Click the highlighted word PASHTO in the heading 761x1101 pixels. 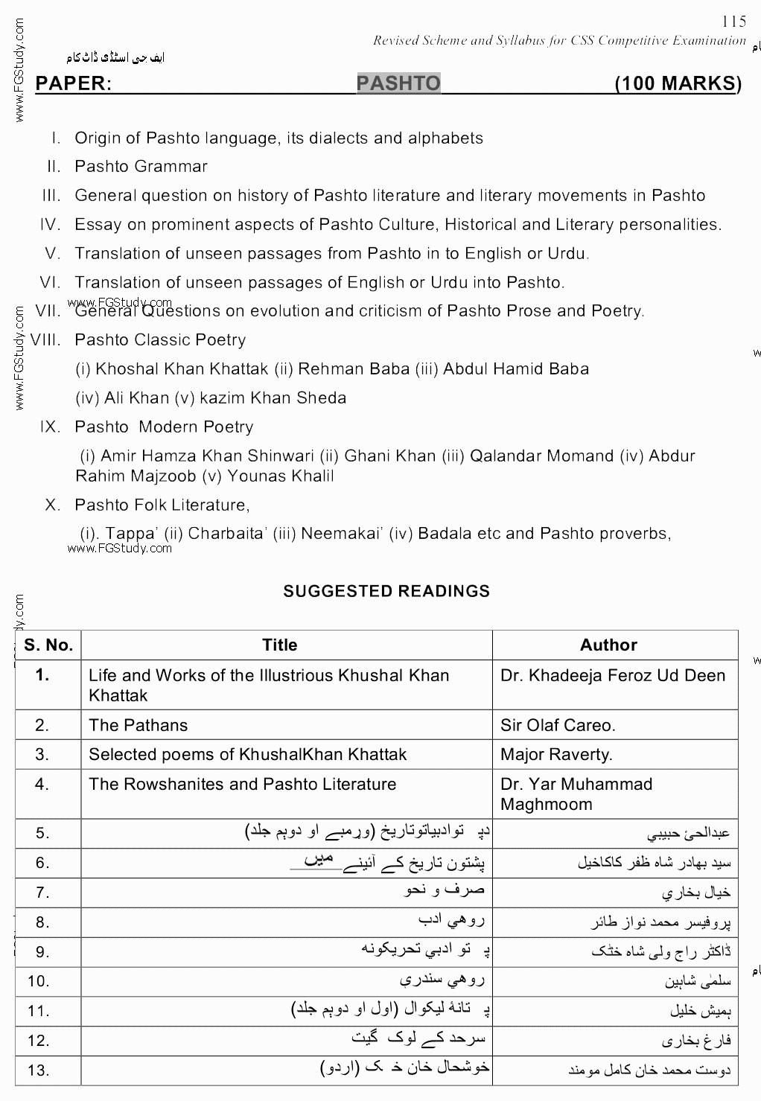(x=398, y=83)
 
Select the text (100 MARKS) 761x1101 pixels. (x=678, y=83)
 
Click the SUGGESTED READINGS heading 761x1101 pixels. (x=386, y=591)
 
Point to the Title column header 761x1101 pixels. (x=279, y=645)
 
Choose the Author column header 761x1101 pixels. (x=608, y=645)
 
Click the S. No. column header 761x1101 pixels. (x=48, y=645)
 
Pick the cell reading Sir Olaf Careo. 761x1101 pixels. (x=558, y=725)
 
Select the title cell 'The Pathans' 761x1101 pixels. (x=138, y=725)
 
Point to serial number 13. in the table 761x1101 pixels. (x=38, y=1070)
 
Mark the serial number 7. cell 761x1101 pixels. (x=42, y=892)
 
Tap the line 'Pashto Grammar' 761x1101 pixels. (x=141, y=167)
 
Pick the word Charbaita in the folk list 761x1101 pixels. (x=223, y=534)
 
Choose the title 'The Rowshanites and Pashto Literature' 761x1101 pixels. (x=242, y=784)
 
